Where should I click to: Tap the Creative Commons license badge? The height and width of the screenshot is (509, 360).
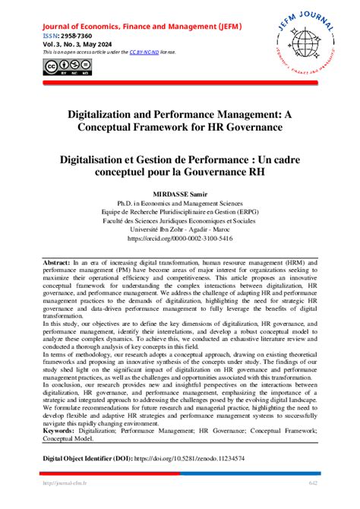click(62, 68)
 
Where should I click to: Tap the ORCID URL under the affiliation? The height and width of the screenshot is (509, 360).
click(180, 237)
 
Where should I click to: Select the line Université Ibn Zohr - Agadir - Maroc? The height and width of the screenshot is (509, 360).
click(180, 227)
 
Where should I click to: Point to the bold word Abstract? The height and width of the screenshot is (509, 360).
click(56, 261)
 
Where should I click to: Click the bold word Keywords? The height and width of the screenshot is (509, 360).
click(64, 429)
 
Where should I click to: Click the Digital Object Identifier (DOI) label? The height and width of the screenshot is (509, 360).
click(87, 458)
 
